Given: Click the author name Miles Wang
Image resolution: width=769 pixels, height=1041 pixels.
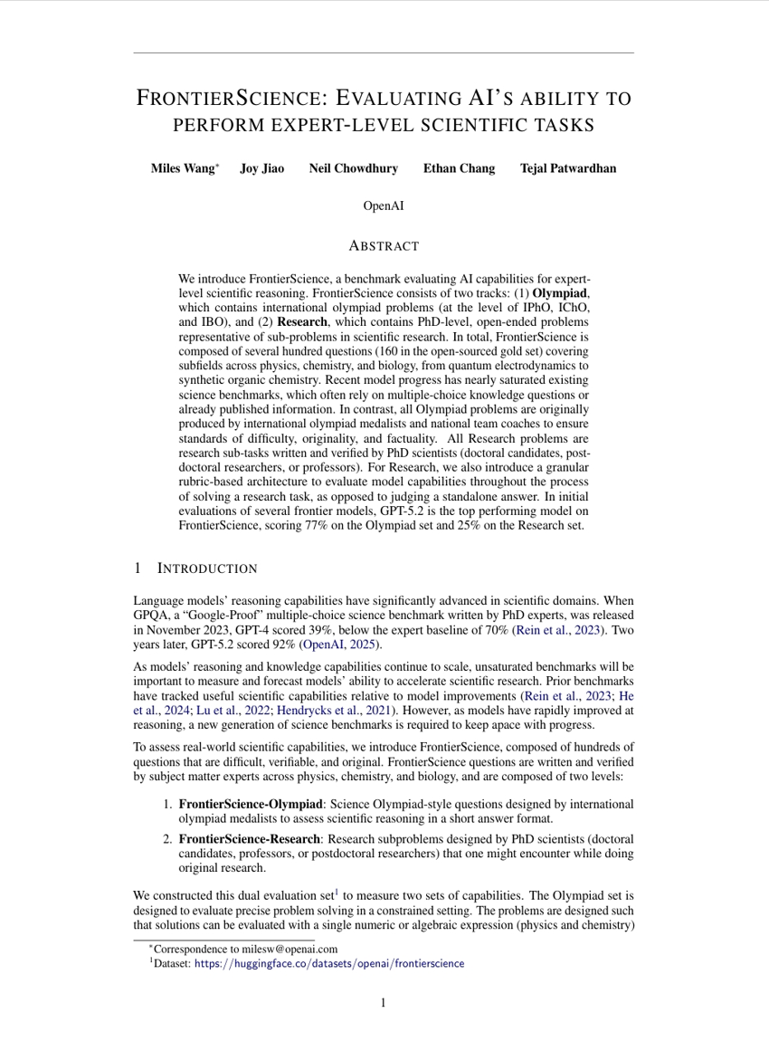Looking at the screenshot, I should pyautogui.click(x=182, y=168).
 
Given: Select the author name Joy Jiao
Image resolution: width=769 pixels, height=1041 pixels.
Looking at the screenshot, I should pyautogui.click(x=261, y=168).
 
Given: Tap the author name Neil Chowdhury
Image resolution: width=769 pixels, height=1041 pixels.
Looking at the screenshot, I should pyautogui.click(x=353, y=168).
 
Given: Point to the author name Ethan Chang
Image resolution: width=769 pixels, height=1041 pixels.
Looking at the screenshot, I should pyautogui.click(x=459, y=168).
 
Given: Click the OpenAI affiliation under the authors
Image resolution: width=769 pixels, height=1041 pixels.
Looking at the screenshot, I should pyautogui.click(x=384, y=206).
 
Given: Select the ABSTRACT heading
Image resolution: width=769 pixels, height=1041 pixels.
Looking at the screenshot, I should pyautogui.click(x=384, y=245).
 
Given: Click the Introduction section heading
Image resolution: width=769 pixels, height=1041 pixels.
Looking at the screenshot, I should pyautogui.click(x=207, y=568).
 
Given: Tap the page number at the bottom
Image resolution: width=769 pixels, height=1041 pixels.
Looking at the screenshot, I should pyautogui.click(x=384, y=1002).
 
